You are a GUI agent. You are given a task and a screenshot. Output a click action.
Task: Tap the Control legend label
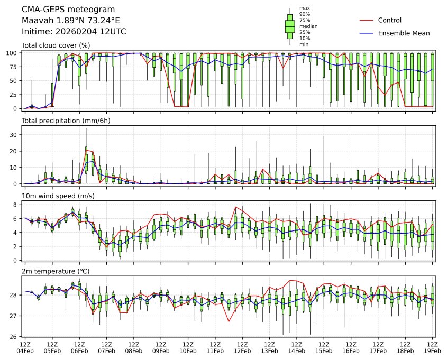tap(389, 20)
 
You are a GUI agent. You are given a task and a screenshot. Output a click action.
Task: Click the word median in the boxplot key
tap(308, 26)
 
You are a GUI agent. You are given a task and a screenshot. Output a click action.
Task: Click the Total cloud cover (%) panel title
tap(56, 45)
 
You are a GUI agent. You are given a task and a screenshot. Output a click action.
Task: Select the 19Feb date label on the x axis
tap(433, 350)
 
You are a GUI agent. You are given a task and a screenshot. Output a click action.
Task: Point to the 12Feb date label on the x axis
tap(242, 350)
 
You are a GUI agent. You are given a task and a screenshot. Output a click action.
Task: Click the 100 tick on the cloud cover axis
tap(15, 53)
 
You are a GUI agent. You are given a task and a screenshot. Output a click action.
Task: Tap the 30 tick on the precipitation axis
tap(16, 135)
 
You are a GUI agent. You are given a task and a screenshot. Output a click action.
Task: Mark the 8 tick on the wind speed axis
tap(17, 205)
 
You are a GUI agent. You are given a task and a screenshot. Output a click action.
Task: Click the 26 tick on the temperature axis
tap(16, 337)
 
